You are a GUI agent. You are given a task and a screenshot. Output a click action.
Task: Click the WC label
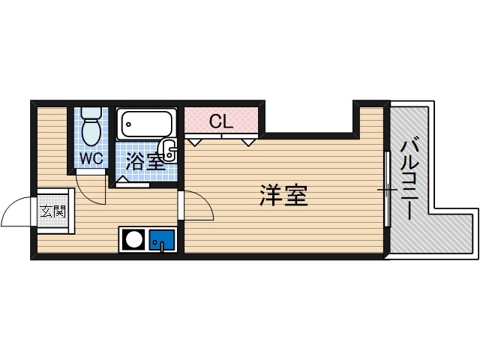[x=91, y=158]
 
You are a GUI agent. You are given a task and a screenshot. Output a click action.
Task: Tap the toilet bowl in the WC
[x=91, y=133]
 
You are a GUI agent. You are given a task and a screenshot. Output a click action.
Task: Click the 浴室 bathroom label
[x=143, y=160]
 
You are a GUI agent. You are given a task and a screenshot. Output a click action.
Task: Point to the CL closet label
[x=220, y=121]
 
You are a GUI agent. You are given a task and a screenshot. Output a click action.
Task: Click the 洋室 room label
[x=283, y=196]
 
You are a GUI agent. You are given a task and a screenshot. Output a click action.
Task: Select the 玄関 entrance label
[x=52, y=211]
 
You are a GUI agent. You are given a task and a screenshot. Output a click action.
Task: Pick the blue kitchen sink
[x=162, y=241]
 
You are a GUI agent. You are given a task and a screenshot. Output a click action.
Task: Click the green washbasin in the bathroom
[x=169, y=150]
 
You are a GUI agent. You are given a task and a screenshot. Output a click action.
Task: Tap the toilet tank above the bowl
[x=91, y=114]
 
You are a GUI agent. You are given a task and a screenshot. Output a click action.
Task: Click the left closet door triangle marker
[x=194, y=140]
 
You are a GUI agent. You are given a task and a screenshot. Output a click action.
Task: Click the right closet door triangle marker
[x=249, y=140]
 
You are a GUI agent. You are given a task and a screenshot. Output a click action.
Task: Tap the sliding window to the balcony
[x=387, y=189]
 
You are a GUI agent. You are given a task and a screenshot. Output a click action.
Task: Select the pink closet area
[x=222, y=120]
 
